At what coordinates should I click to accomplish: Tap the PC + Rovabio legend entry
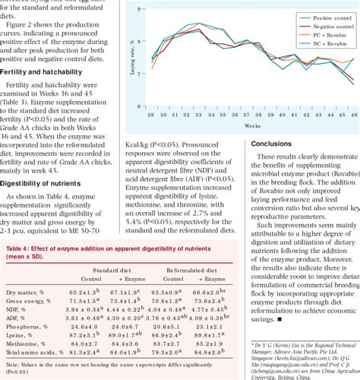click(x=312, y=35)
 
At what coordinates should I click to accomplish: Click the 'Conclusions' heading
click(x=275, y=141)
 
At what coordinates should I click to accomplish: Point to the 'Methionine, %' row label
click(x=30, y=344)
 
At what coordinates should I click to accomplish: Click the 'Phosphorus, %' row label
click(x=30, y=324)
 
